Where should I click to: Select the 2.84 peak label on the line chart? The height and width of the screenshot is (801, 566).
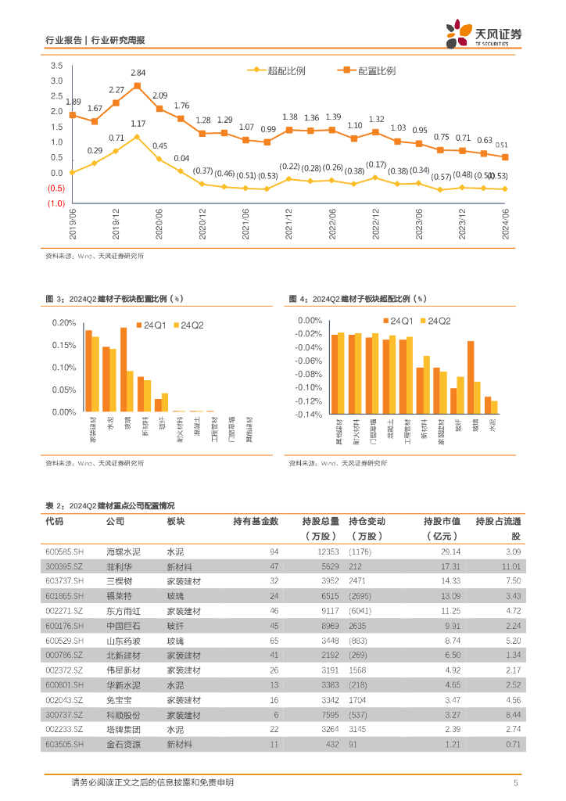point(138,72)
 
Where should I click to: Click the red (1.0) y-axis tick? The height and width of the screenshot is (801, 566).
point(56,203)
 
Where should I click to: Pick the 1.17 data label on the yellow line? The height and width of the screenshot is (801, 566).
point(138,124)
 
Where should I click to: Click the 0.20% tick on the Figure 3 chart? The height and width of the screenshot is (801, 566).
point(64,322)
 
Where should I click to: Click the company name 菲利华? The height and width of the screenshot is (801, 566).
point(120,566)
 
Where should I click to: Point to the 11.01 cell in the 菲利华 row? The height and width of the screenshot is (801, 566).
point(510,566)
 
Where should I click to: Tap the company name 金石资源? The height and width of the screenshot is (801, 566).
point(124,744)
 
